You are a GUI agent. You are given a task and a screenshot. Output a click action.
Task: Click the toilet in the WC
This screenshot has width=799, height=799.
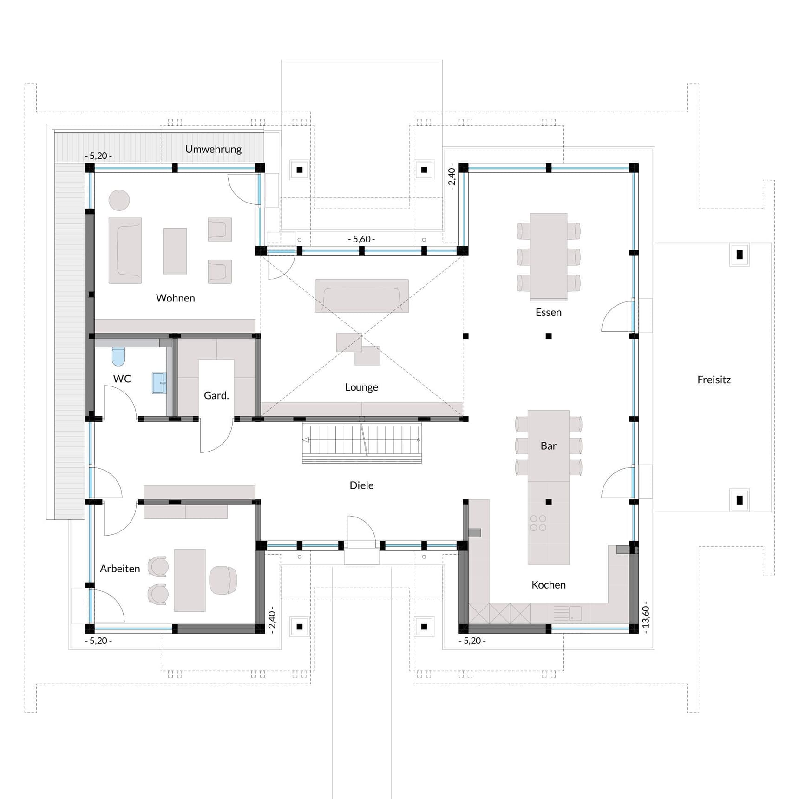(118, 356)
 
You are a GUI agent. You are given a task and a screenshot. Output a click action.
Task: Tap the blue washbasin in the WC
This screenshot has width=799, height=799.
(159, 383)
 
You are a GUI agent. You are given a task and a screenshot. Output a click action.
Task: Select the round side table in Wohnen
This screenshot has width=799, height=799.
(119, 200)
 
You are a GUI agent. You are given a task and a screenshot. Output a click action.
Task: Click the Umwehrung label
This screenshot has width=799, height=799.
(213, 149)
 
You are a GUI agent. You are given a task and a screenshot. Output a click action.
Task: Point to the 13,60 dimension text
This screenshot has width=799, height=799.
(645, 617)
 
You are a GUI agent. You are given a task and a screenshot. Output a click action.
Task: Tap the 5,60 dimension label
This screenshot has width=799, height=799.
(361, 239)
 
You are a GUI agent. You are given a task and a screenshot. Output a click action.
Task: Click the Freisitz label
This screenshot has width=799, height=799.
(714, 380)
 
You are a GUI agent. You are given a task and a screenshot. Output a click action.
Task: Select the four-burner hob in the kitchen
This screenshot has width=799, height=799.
(538, 523)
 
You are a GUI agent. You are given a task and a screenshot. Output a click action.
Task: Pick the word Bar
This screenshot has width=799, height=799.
(548, 446)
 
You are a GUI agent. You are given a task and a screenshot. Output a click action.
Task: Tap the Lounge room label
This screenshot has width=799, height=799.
(361, 387)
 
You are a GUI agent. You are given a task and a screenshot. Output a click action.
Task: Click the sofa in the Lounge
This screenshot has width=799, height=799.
(361, 295)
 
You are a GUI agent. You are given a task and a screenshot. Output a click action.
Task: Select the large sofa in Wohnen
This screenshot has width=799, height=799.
(125, 250)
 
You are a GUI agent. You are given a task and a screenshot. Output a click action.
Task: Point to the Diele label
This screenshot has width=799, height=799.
(361, 485)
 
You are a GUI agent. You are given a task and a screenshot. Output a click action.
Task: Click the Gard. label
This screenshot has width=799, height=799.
(216, 396)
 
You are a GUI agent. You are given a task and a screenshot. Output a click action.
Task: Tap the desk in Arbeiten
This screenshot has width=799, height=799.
(190, 580)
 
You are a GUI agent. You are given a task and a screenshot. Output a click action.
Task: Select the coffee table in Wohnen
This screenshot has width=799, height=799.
(175, 251)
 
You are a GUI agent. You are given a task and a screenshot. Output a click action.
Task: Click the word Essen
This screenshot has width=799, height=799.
(548, 313)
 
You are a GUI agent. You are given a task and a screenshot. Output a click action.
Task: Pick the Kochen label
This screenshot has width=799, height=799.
(548, 585)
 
